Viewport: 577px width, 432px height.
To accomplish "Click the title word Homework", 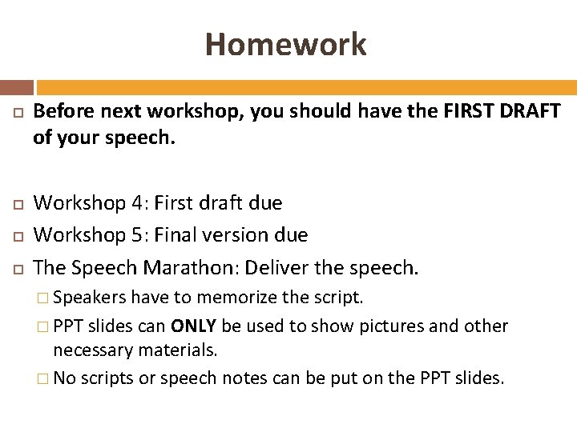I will (285, 44).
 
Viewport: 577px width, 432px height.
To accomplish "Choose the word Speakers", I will (89, 298).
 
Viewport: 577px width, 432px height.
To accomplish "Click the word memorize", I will (236, 298).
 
